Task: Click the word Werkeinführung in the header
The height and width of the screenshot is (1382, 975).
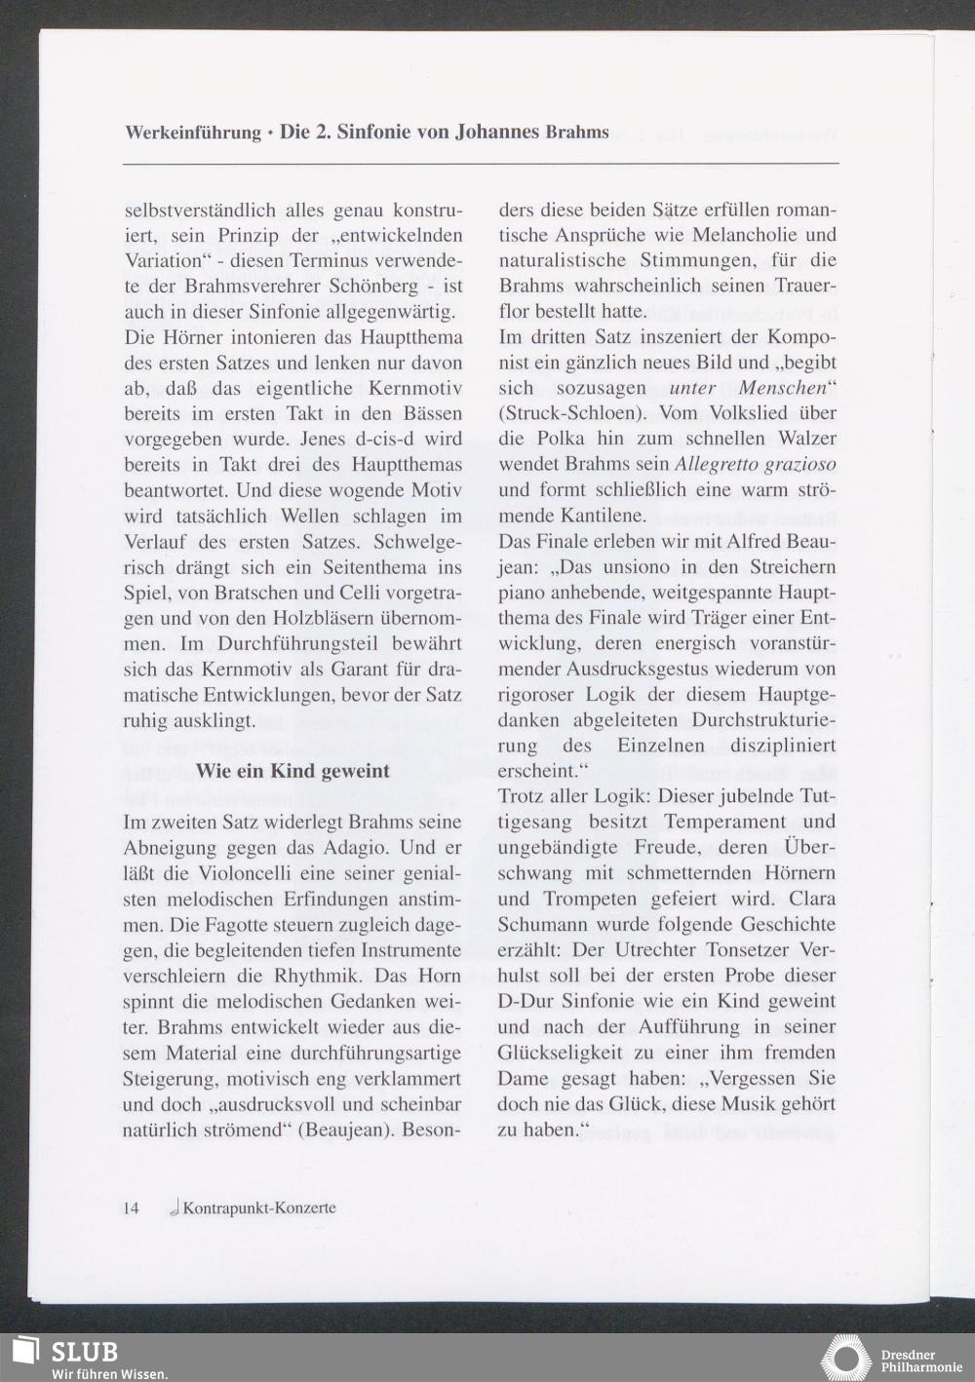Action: coord(193,133)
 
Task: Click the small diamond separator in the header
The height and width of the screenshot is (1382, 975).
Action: coord(270,134)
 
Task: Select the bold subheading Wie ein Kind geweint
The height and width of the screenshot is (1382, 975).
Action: coord(292,771)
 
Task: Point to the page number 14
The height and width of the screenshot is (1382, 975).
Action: coord(132,1209)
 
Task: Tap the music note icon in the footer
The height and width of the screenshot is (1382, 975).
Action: coord(174,1209)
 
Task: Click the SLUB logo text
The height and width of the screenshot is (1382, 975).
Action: coord(84,1353)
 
